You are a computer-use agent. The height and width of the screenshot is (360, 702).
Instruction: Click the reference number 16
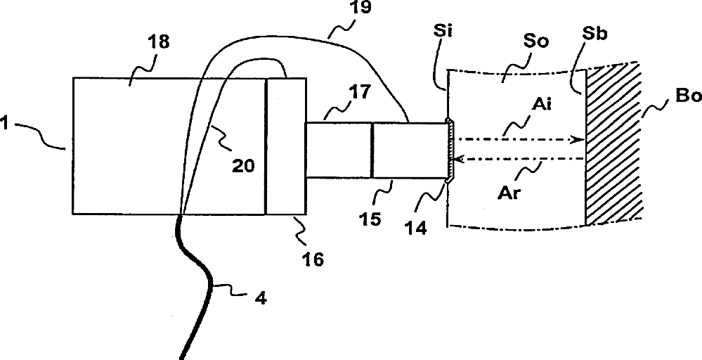[x=314, y=259]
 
